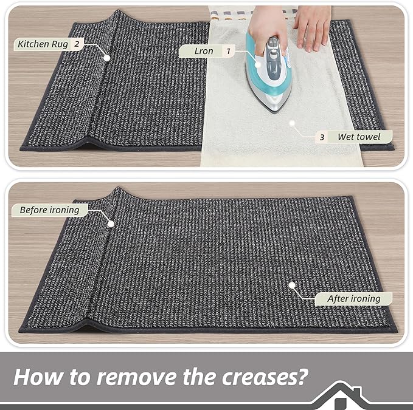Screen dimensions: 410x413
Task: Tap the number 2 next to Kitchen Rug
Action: [77, 44]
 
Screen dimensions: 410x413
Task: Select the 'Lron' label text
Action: [204, 52]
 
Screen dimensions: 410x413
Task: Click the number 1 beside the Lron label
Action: [228, 52]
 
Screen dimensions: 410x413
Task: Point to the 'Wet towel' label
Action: [359, 137]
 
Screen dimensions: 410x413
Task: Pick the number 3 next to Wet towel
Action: [322, 137]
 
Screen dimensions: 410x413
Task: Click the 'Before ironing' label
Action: [49, 210]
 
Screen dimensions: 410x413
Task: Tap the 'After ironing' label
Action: [353, 298]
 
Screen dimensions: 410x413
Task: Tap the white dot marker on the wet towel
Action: [292, 122]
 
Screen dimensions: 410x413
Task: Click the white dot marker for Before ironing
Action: [111, 224]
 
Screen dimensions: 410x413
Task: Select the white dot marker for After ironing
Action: [292, 284]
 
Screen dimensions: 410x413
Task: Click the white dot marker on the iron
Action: [258, 66]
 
